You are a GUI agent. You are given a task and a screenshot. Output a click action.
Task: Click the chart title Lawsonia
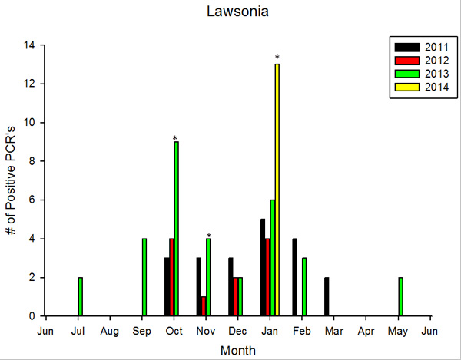pos(237,12)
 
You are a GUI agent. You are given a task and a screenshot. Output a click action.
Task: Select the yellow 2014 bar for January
pos(277,190)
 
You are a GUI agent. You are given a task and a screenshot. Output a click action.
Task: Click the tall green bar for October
pos(177,229)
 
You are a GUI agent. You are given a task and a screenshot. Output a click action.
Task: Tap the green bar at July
pos(80,296)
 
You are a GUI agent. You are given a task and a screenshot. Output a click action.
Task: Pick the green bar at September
pos(144,277)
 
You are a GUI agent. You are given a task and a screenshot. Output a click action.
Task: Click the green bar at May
pos(400,296)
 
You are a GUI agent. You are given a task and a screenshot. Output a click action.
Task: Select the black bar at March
pos(327,296)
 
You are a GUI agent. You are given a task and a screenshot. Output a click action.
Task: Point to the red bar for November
pos(204,306)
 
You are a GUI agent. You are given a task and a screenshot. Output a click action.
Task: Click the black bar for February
pos(294,277)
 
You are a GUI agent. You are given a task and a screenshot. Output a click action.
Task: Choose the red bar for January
pos(267,277)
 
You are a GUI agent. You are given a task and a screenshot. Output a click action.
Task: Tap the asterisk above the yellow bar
pos(277,58)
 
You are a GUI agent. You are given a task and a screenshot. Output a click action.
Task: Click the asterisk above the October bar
pos(175,138)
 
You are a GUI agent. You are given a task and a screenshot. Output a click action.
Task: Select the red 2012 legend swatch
pos(407,61)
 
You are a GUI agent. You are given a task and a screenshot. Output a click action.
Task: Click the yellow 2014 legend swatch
pos(407,87)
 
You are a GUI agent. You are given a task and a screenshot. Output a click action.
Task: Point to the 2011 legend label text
pos(436,48)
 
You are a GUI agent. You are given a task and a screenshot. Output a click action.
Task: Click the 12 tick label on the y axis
pos(29,84)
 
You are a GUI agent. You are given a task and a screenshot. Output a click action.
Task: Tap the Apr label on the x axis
pos(366,332)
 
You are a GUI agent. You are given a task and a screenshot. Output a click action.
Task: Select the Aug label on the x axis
pos(109,332)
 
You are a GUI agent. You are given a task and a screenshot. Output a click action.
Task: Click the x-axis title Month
pos(238,351)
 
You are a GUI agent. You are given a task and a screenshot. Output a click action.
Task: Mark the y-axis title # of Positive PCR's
pos(11,181)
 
